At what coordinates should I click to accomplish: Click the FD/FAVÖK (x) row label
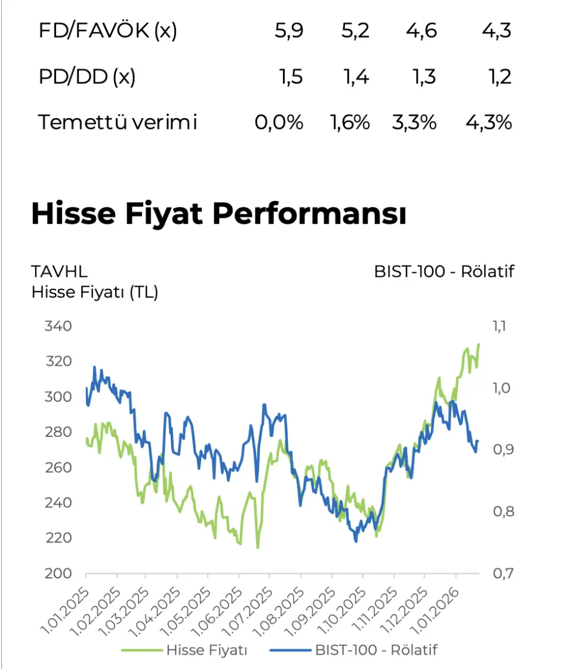[x=108, y=31]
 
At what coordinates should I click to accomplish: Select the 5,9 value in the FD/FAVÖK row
[x=289, y=31]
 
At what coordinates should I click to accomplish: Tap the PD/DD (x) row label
[x=87, y=77]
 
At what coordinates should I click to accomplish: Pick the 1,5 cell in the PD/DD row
[x=291, y=77]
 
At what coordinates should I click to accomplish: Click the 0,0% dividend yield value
[x=279, y=122]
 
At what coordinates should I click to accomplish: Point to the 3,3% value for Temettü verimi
[x=414, y=122]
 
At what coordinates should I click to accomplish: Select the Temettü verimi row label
[x=118, y=122]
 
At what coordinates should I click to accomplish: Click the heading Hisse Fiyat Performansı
[x=218, y=214]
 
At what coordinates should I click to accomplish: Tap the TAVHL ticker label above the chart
[x=59, y=272]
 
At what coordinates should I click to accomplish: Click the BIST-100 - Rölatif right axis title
[x=444, y=272]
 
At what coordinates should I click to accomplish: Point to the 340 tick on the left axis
[x=58, y=326]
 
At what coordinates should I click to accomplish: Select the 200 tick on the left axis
[x=58, y=574]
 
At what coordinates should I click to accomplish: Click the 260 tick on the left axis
[x=58, y=467]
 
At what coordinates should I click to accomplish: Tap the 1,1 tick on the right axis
[x=498, y=326]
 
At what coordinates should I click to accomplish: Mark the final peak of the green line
[x=479, y=344]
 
